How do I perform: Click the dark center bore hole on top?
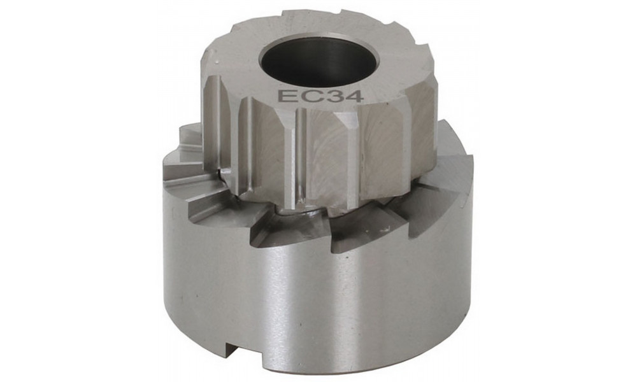tap(318, 60)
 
